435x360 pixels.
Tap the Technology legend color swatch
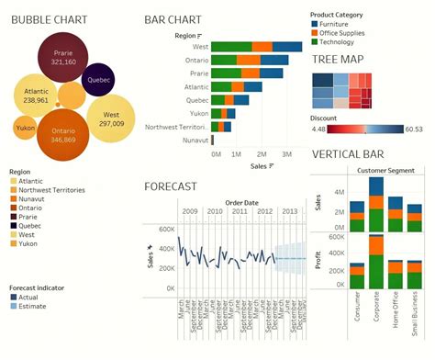click(x=315, y=42)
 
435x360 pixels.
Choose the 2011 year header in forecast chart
click(x=239, y=211)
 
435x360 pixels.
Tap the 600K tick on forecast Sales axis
click(x=166, y=230)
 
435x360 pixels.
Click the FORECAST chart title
click(x=171, y=186)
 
